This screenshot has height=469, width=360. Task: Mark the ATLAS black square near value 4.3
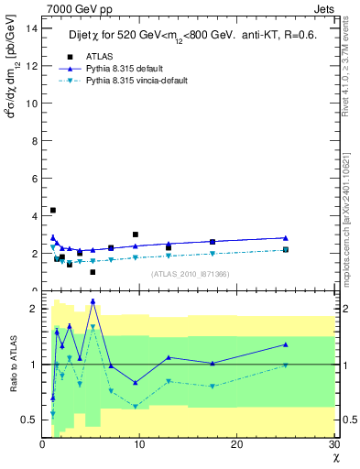point(53,210)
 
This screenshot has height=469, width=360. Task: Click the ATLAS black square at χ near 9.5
point(136,234)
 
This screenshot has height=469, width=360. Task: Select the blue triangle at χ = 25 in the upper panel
point(286,238)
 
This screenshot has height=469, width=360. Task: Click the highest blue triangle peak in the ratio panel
point(93,300)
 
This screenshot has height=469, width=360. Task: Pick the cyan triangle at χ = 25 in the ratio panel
point(286,365)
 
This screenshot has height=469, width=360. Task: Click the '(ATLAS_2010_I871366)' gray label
point(190,274)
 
